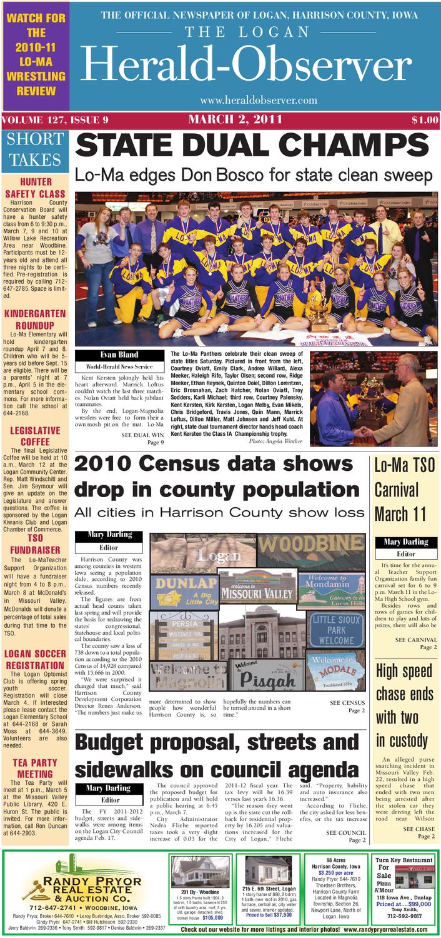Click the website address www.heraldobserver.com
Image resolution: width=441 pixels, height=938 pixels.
pyautogui.click(x=259, y=101)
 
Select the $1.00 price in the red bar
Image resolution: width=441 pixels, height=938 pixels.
pyautogui.click(x=424, y=120)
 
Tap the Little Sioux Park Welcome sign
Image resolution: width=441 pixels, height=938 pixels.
pyautogui.click(x=337, y=630)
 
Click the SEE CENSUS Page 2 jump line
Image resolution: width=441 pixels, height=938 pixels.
pyautogui.click(x=347, y=707)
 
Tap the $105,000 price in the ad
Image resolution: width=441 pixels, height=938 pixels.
pyautogui.click(x=212, y=917)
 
